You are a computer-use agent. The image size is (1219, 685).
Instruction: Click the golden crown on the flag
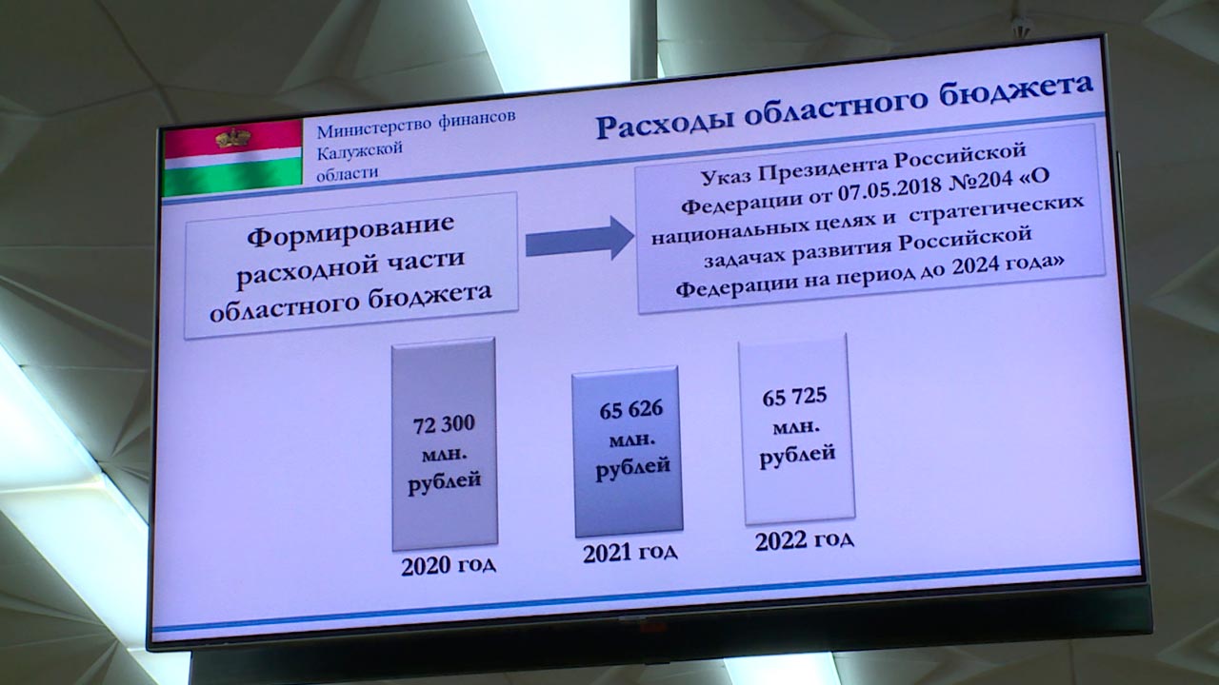point(233,138)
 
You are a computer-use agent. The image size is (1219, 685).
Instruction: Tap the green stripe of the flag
point(233,176)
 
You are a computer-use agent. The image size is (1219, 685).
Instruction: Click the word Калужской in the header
point(360,150)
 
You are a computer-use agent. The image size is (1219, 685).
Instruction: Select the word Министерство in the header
point(374,128)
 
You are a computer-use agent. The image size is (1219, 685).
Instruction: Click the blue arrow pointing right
point(580,238)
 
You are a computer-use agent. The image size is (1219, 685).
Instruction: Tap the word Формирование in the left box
point(350,230)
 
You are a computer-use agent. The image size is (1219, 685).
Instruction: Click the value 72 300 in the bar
point(444,424)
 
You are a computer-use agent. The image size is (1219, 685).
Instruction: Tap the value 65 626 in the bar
point(631,410)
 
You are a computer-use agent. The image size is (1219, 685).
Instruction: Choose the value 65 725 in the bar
point(794,397)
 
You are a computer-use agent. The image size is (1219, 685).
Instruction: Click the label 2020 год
point(449,566)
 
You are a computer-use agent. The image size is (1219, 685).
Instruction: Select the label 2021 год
point(629,553)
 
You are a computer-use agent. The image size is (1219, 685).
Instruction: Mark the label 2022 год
point(805,540)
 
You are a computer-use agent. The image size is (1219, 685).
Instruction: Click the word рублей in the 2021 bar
point(633,468)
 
